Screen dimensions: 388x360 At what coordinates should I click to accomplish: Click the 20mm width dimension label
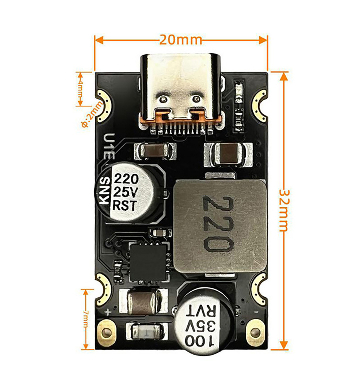click(x=180, y=40)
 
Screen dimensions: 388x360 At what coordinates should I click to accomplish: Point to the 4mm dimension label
click(x=80, y=89)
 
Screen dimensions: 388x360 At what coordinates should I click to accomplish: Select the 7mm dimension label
click(x=86, y=318)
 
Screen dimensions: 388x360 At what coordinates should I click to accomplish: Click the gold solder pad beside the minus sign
click(x=255, y=332)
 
